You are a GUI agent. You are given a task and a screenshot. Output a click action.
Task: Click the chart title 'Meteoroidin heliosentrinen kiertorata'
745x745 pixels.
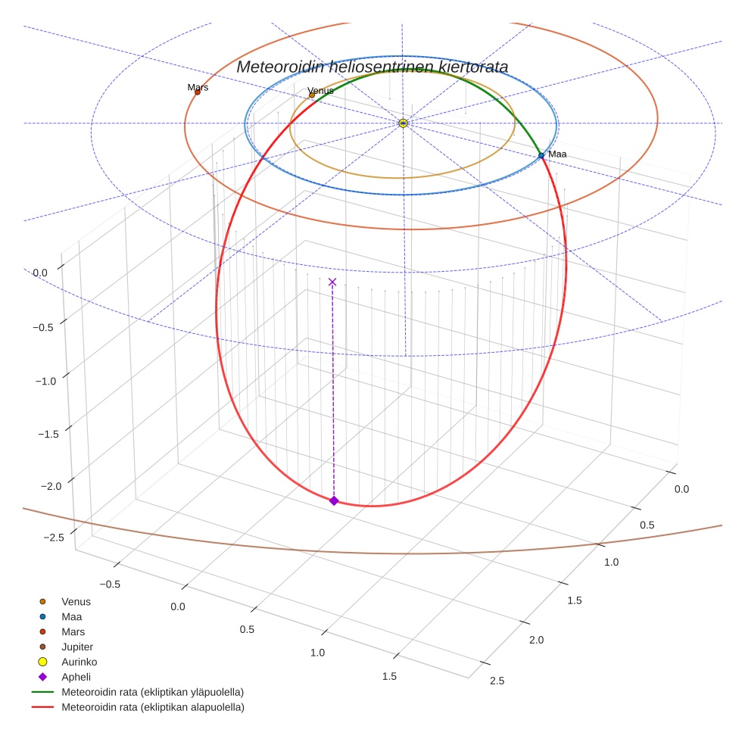click(x=372, y=67)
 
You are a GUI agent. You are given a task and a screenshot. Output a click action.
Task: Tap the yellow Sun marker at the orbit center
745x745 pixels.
click(x=403, y=123)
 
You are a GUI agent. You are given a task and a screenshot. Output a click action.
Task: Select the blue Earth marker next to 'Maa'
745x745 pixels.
click(x=541, y=155)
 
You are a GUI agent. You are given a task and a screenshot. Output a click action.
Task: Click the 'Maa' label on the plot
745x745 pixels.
click(x=557, y=154)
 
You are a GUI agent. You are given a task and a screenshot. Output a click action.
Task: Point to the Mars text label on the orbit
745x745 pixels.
click(x=198, y=87)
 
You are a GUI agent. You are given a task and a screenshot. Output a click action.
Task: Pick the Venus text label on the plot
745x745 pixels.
click(x=320, y=91)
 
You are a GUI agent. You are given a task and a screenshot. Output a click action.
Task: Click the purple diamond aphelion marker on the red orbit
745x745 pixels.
click(x=334, y=500)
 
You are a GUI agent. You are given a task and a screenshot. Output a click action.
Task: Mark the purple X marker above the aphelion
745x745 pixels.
click(x=332, y=282)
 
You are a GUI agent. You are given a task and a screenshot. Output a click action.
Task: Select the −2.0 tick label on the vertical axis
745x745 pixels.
click(x=49, y=485)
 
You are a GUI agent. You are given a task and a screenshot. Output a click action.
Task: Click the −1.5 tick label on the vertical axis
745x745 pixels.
click(x=49, y=434)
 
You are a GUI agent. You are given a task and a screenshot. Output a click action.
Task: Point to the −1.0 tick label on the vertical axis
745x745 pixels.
click(x=45, y=381)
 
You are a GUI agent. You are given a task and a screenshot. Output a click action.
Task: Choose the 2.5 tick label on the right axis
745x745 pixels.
click(x=497, y=681)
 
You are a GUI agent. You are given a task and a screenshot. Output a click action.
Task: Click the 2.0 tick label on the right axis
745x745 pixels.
click(x=536, y=640)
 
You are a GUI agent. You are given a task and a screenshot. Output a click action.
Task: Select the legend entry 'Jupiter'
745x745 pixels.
click(x=77, y=647)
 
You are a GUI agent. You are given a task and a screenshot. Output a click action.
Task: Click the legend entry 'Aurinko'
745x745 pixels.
click(x=79, y=662)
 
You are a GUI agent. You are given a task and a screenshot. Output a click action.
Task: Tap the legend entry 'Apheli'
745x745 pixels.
click(x=76, y=677)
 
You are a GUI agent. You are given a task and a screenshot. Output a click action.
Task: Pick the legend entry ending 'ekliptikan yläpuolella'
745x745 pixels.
click(x=152, y=692)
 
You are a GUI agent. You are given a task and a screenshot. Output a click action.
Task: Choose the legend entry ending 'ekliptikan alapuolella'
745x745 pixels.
click(x=152, y=707)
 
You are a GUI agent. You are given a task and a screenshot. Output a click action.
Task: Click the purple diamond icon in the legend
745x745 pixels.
click(x=42, y=677)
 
